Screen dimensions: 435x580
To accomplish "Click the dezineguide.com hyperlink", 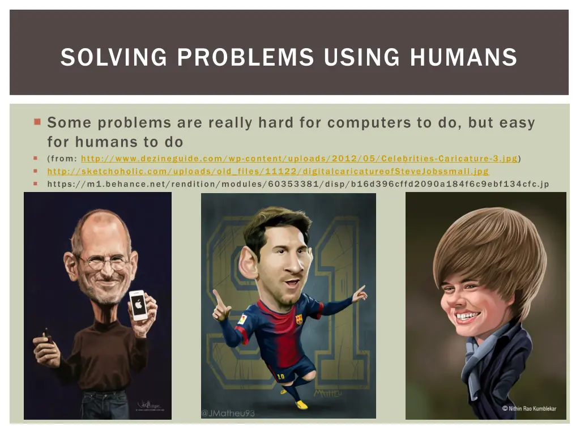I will click(x=299, y=159).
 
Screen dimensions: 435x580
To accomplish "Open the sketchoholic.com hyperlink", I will click(x=267, y=171).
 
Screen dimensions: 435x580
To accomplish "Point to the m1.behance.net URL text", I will click(x=298, y=184).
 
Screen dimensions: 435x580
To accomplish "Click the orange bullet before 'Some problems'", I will click(x=37, y=122).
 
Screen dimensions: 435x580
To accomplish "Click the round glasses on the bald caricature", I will click(x=104, y=262).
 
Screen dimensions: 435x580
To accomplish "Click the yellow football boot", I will click(x=302, y=404).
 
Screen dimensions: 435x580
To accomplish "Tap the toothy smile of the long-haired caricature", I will click(x=468, y=315).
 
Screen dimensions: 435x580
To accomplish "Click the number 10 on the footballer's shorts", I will click(x=281, y=375).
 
